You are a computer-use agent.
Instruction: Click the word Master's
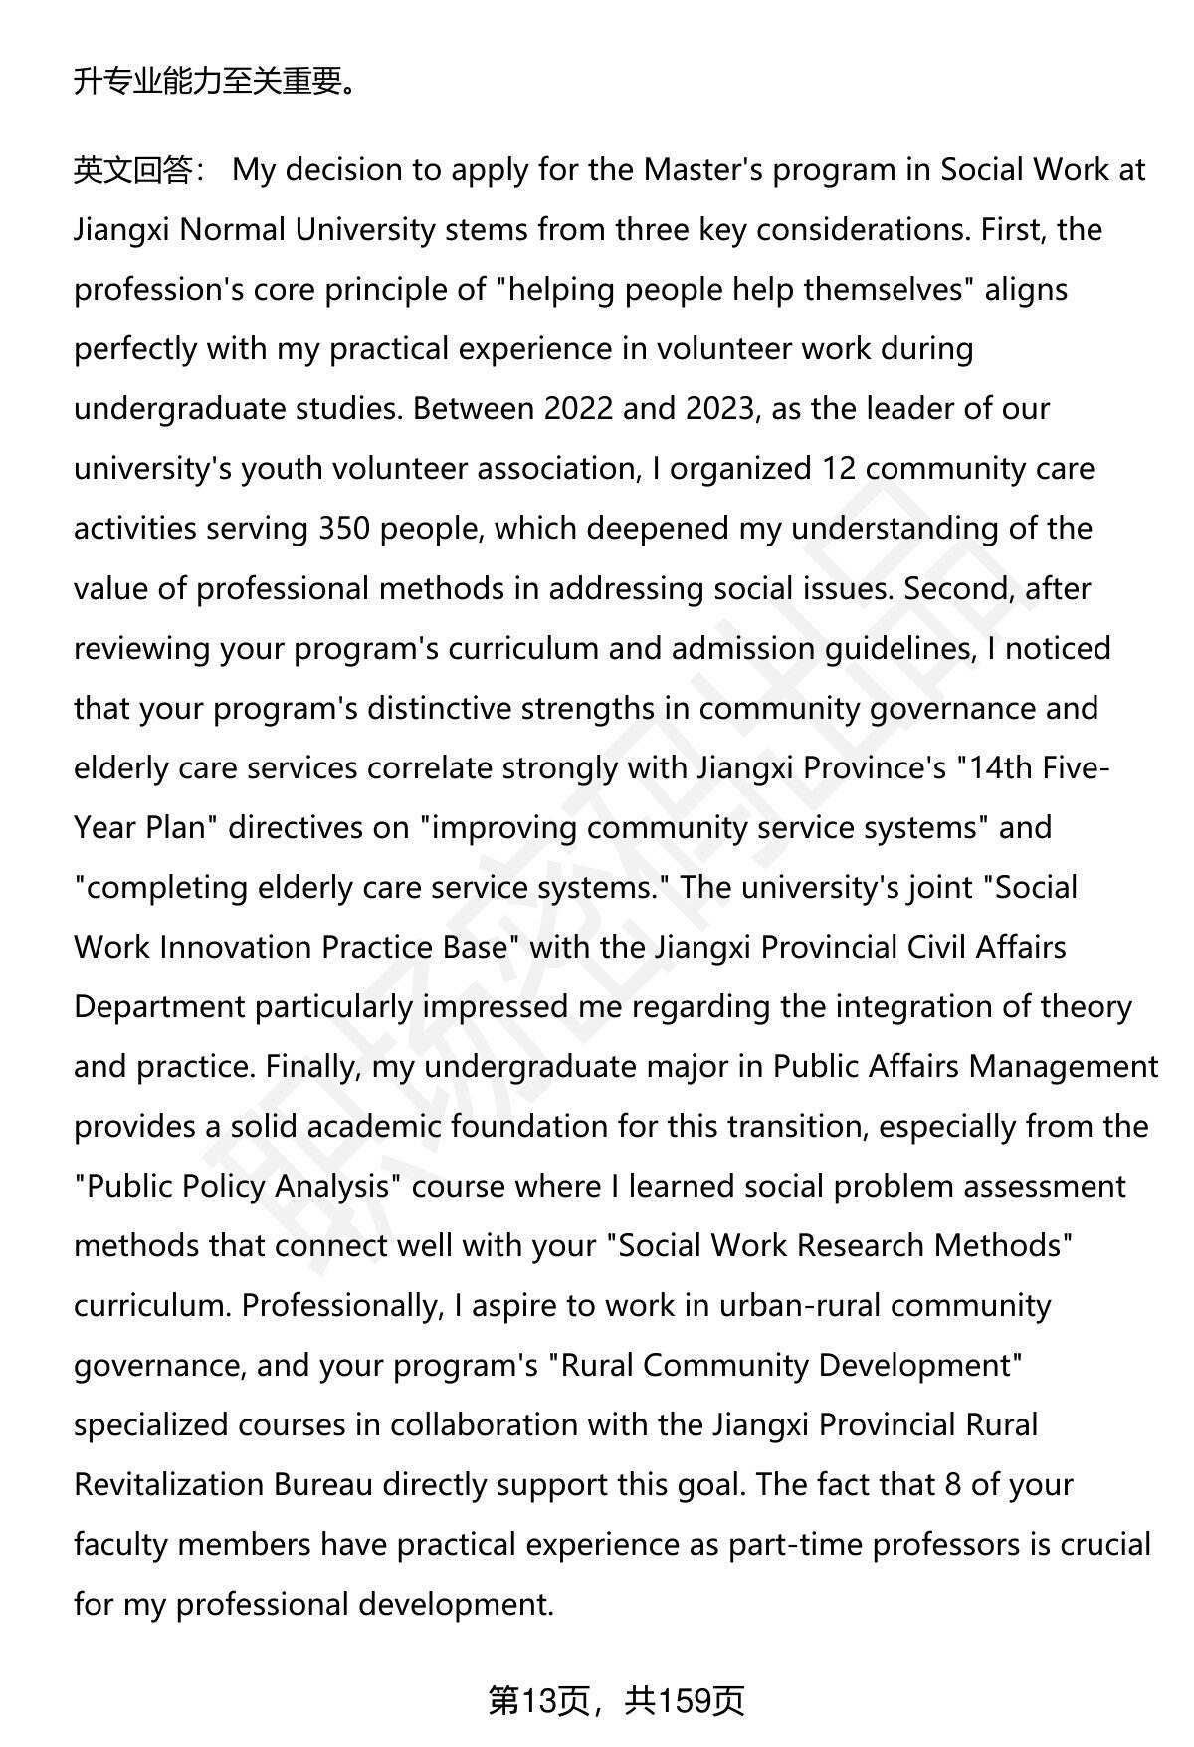[702, 170]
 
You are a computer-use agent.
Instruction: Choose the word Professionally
[341, 1305]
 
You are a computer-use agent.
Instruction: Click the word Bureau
[323, 1484]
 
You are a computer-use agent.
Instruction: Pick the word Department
[159, 1006]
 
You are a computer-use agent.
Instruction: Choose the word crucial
[1098, 1544]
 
